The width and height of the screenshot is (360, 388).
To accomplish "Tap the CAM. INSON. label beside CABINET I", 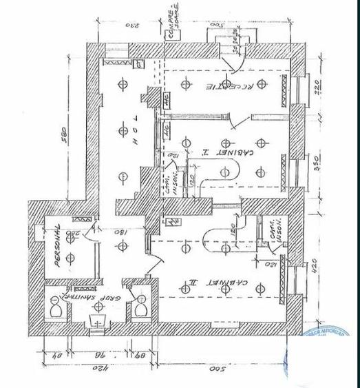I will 168,183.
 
